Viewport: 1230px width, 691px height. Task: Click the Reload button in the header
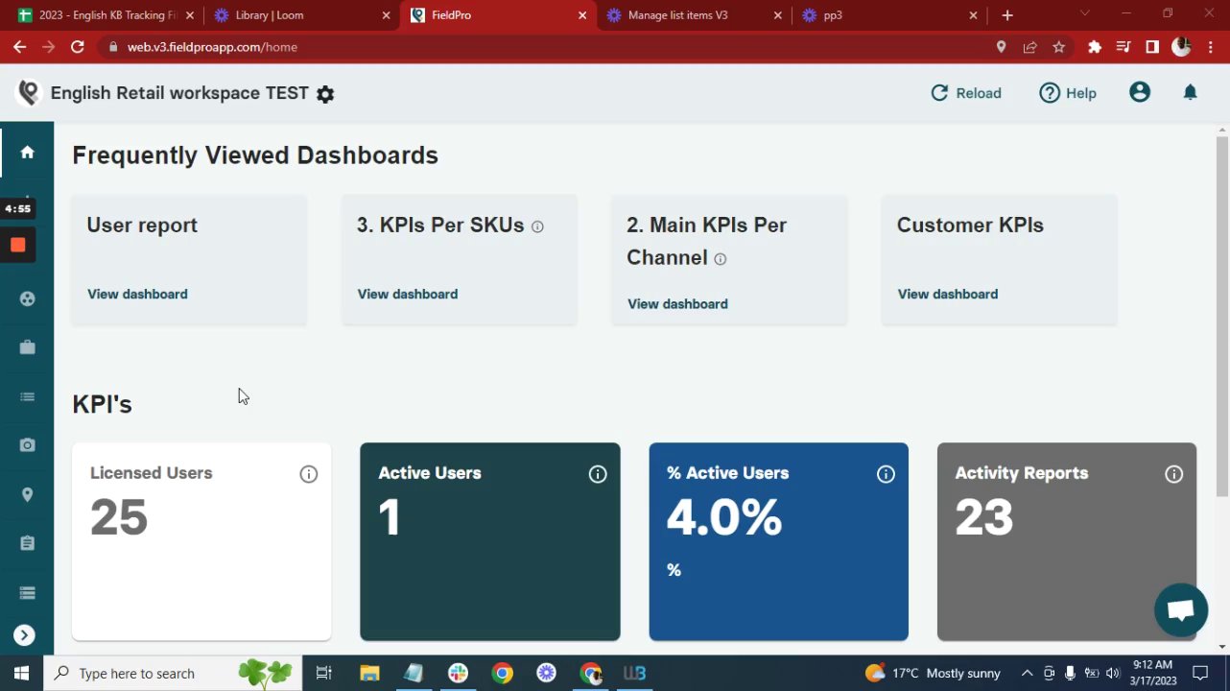click(966, 93)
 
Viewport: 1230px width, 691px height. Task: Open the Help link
click(1068, 93)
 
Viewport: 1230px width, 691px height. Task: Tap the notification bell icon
click(1190, 92)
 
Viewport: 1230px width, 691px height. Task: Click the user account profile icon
click(1140, 92)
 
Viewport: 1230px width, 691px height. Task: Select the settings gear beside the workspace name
click(325, 94)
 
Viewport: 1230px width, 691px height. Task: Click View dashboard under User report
click(137, 294)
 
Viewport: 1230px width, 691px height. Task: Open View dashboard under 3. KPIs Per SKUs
click(408, 294)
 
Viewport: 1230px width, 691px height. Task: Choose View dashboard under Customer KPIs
click(948, 294)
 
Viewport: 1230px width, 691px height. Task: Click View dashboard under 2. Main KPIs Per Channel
click(677, 303)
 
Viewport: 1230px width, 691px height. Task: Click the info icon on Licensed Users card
click(309, 474)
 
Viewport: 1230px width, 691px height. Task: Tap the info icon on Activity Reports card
click(1173, 474)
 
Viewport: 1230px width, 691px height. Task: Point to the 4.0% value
click(724, 518)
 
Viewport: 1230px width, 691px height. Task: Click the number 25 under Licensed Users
click(119, 518)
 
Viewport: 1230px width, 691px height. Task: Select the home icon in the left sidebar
click(27, 152)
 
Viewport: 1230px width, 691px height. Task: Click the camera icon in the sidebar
click(27, 445)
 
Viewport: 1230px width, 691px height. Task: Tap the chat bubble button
click(1181, 609)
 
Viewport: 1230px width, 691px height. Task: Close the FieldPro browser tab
click(582, 15)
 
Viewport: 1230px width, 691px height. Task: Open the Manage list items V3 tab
click(677, 15)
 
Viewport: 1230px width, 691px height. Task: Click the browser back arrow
click(19, 47)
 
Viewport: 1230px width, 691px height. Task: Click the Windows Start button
click(21, 673)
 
